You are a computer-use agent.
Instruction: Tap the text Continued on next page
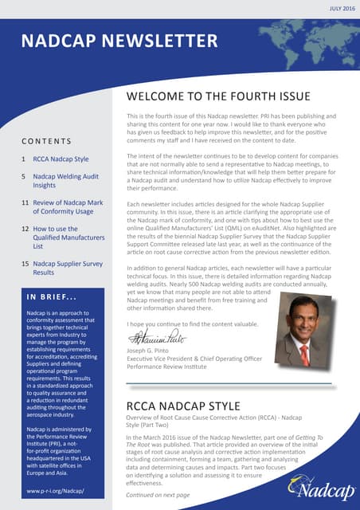click(x=158, y=494)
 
